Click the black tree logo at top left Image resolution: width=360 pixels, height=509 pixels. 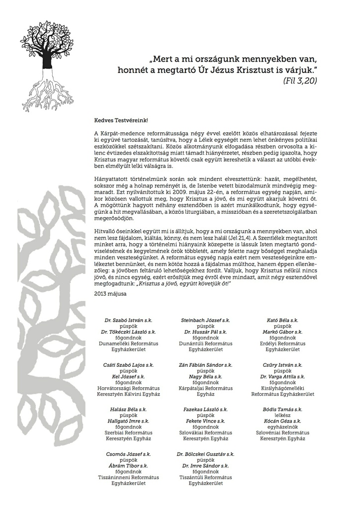pyautogui.click(x=46, y=65)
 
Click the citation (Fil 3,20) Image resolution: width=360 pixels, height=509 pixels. pyautogui.click(x=300, y=80)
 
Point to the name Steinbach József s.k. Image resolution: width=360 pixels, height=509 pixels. pyautogui.click(x=205, y=321)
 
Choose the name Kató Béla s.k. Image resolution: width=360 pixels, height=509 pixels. pyautogui.click(x=282, y=321)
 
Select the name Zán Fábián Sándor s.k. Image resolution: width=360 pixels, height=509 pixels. pyautogui.click(x=205, y=365)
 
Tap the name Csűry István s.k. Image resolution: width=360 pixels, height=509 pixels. pyautogui.click(x=282, y=365)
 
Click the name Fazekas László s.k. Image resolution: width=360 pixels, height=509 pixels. pyautogui.click(x=205, y=409)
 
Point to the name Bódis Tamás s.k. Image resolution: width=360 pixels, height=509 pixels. pyautogui.click(x=282, y=409)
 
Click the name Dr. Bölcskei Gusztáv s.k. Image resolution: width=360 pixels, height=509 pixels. pyautogui.click(x=205, y=454)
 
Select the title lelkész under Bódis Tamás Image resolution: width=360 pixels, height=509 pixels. pyautogui.click(x=282, y=415)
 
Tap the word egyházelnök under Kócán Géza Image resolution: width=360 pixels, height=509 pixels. pyautogui.click(x=282, y=427)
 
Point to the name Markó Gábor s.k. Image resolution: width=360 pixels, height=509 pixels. pyautogui.click(x=282, y=332)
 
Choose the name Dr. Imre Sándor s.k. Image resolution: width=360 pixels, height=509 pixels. pyautogui.click(x=205, y=466)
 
